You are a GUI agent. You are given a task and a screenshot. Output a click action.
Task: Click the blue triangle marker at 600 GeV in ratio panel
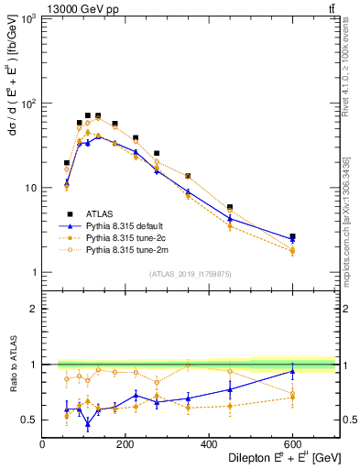click(x=292, y=371)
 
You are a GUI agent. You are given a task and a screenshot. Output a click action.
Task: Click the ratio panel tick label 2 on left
click(x=34, y=309)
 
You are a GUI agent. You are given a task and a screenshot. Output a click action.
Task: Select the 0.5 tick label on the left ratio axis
click(x=29, y=420)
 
